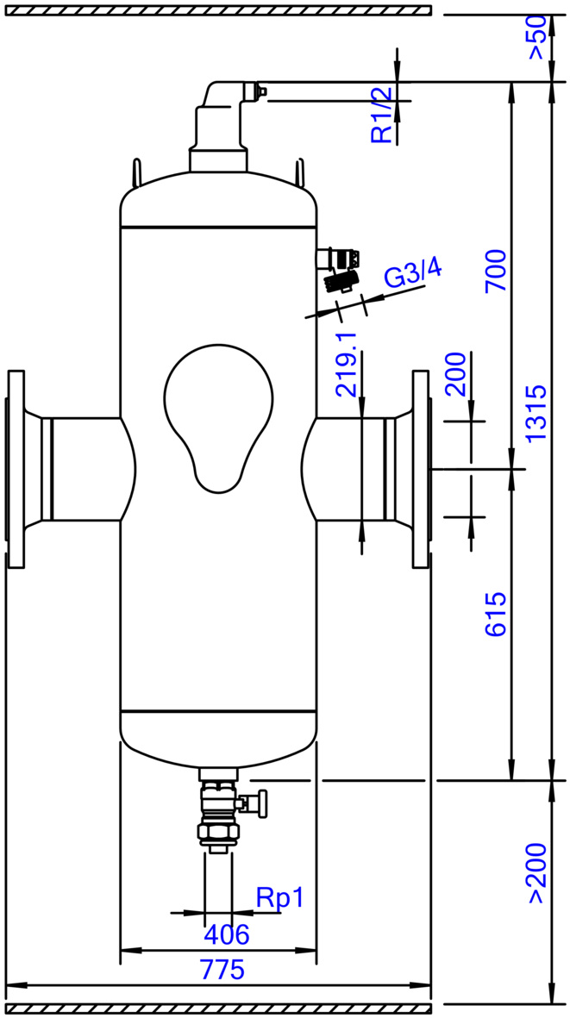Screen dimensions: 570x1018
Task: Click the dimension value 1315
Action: tap(537, 414)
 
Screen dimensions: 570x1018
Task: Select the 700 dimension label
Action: tap(497, 271)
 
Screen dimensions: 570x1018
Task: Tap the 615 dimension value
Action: tap(497, 614)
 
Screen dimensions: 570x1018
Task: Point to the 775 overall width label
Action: tap(222, 970)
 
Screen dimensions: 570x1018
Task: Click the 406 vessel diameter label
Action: tap(227, 934)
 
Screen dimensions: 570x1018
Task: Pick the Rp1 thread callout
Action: tap(280, 898)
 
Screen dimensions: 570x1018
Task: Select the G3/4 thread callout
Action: tap(414, 272)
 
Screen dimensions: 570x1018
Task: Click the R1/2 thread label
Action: tap(382, 115)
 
